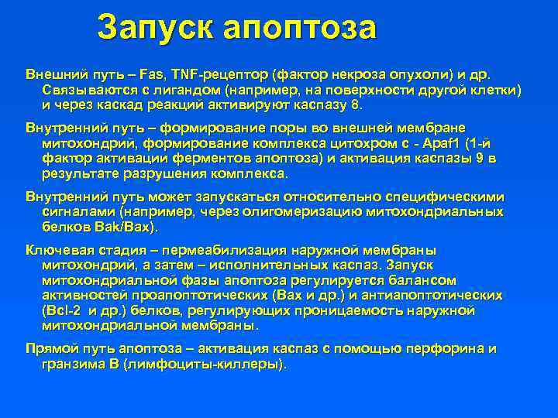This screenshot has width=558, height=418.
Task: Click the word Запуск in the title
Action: coord(154,29)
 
